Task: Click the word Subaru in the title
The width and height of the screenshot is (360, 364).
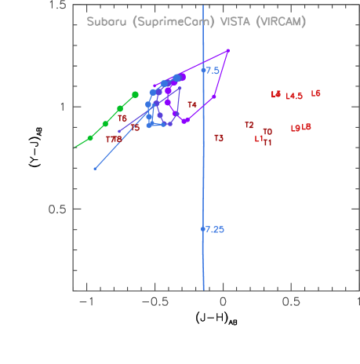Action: coord(104,22)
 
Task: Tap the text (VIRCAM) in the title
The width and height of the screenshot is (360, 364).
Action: coord(281,22)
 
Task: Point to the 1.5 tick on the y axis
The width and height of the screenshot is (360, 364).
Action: coord(56,6)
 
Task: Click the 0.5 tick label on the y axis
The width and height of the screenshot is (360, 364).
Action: coord(56,209)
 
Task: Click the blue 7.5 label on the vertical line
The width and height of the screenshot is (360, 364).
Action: coord(211,71)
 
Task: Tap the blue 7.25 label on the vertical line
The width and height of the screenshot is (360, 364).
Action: coord(213,230)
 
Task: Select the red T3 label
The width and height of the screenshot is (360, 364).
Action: coord(219,138)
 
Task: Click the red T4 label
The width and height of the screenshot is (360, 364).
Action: coord(192,104)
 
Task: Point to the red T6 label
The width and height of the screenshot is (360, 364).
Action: coord(122,118)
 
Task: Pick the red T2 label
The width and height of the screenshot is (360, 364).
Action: coord(249,125)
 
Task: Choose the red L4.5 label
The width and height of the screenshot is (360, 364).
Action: coord(294,96)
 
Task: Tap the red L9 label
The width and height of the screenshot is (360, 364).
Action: coord(295,128)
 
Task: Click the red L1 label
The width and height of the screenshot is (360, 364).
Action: coord(259,139)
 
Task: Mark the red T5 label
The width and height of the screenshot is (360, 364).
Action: coord(135,128)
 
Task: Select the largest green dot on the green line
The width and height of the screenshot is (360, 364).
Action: coord(135,94)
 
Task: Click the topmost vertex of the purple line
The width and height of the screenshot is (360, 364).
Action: coord(227,51)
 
